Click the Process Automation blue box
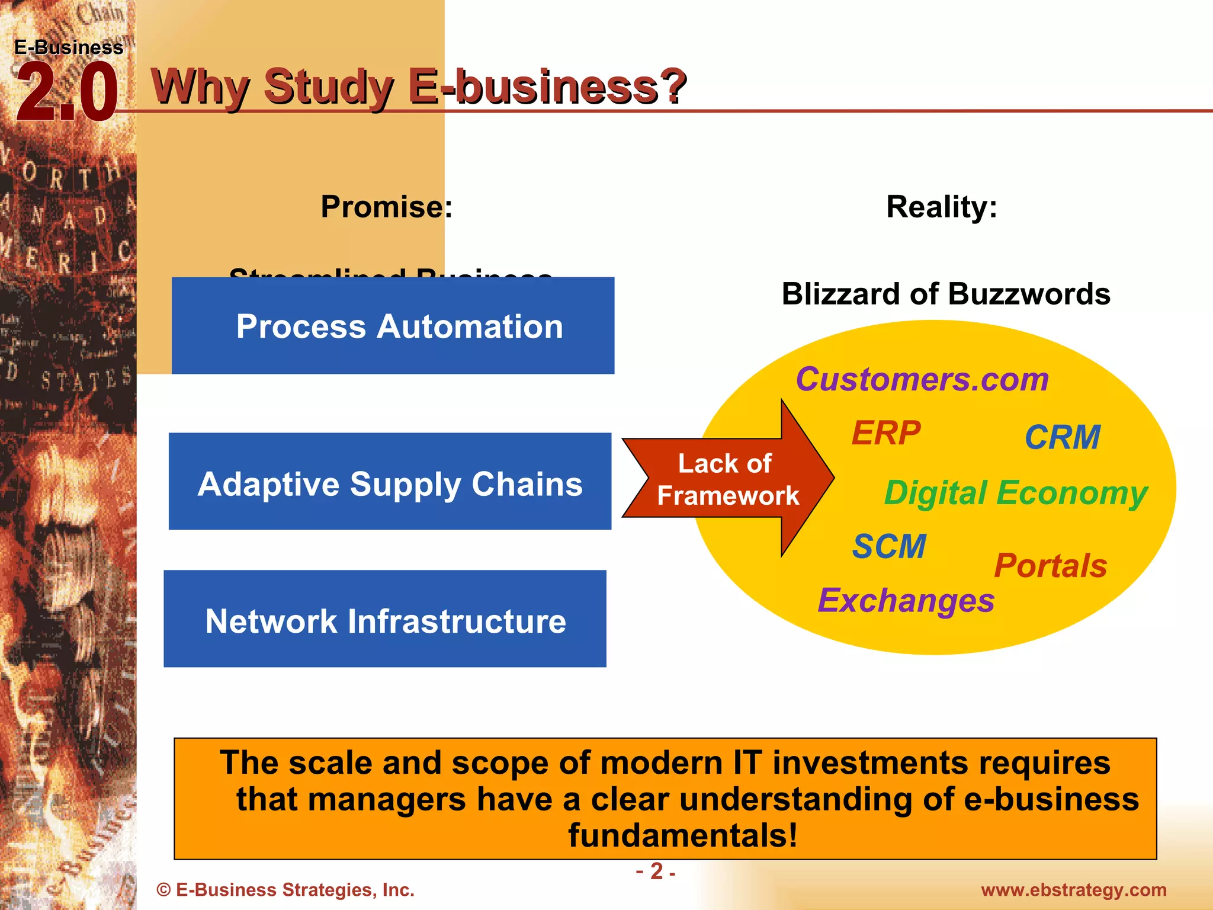tap(393, 326)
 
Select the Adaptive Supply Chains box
tap(390, 482)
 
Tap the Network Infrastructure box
tap(385, 619)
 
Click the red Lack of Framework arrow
tap(727, 479)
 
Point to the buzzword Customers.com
tap(922, 379)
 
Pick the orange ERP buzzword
tap(885, 433)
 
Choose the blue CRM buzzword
tap(1062, 437)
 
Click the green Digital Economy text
tap(1015, 493)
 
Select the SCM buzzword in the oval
tap(888, 546)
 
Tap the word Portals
tap(1050, 565)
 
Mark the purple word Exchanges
tap(906, 601)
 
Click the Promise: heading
tap(386, 207)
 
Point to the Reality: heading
tap(941, 207)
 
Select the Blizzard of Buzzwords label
tap(945, 294)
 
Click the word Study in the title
tap(329, 86)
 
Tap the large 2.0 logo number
tap(66, 93)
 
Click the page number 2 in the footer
tap(656, 871)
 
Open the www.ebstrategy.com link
tap(1073, 890)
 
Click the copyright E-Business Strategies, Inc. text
tap(285, 890)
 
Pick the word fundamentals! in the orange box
tap(682, 835)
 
